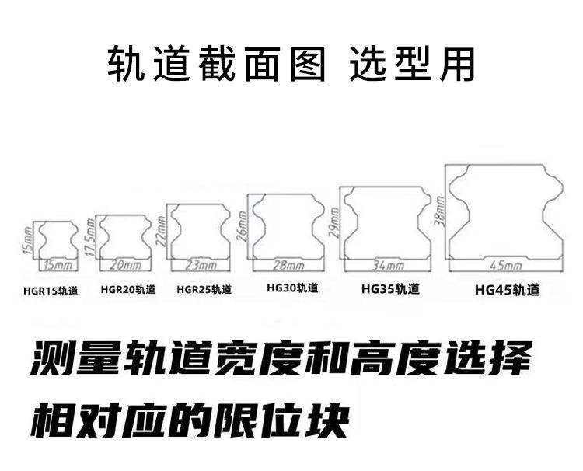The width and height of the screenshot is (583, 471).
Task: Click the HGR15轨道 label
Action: [51, 291]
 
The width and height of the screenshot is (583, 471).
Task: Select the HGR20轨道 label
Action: [128, 290]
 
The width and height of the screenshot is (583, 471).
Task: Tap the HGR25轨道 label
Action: [204, 290]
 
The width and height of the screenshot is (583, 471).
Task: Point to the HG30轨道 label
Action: [292, 288]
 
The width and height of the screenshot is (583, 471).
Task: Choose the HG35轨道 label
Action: [390, 289]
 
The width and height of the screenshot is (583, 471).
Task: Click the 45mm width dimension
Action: [506, 265]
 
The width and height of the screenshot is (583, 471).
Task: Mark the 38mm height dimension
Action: [440, 211]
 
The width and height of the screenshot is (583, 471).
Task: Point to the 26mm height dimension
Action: [241, 228]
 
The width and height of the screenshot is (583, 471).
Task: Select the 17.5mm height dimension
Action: [90, 238]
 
